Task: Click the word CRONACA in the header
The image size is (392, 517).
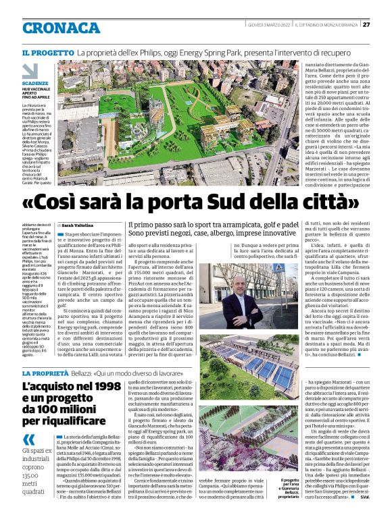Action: (61, 28)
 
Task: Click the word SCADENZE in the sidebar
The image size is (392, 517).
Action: (34, 84)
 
